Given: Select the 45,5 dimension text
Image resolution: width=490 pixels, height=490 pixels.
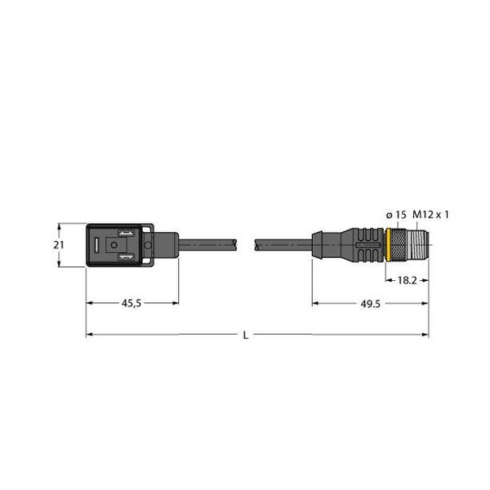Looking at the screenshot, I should click(x=132, y=303).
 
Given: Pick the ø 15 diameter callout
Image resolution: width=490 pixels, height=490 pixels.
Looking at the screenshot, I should click(x=395, y=215).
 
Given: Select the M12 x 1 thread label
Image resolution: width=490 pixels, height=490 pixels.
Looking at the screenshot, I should click(x=431, y=215).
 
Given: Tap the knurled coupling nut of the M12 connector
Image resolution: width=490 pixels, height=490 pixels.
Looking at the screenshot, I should click(x=399, y=244).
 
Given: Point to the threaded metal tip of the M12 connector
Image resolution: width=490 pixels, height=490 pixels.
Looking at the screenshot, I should click(x=418, y=244).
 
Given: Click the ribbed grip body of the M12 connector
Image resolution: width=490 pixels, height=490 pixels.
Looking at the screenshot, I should click(x=364, y=244).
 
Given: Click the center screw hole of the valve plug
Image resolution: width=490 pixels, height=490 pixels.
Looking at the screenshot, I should click(x=147, y=244).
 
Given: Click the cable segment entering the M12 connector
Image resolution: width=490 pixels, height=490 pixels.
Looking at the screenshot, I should click(x=282, y=243).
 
